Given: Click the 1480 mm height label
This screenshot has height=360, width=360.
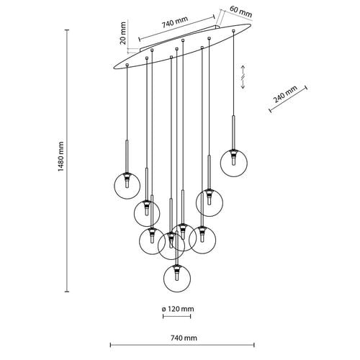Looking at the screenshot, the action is tap(61, 156).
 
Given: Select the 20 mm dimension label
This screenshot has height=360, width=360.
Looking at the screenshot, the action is tap(122, 33).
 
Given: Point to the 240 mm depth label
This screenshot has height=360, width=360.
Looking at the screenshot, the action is tap(285, 94).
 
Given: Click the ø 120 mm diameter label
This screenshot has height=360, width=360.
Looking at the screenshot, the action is tap(178, 309).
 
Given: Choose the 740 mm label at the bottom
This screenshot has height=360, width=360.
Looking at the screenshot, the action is tap(184, 338).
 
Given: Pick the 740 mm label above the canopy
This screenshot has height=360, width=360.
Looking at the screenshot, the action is tap(174, 22).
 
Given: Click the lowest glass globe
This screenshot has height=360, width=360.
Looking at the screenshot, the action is tap(177, 279).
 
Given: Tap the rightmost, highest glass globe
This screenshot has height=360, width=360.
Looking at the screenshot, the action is tap(234, 163).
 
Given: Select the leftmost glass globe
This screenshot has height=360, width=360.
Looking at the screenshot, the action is tap(127, 186).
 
